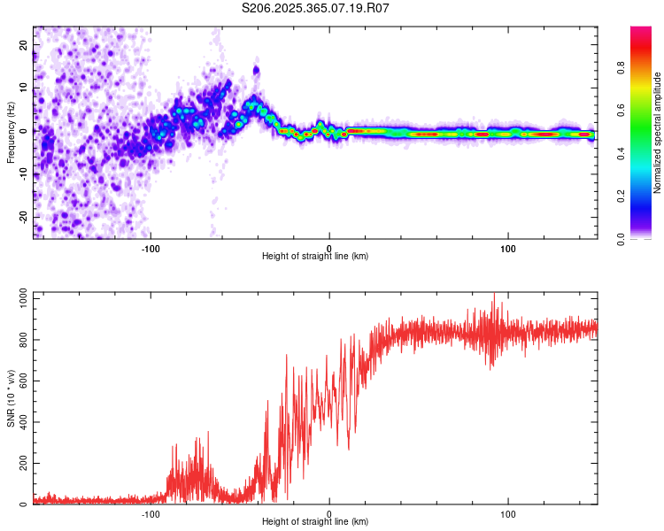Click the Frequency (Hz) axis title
11,132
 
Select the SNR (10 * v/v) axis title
11,397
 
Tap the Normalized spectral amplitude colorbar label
657,133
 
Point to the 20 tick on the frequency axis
24,44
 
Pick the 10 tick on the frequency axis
24,88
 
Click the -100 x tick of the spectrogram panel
151,248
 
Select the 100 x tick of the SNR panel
508,514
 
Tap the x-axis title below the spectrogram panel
315,257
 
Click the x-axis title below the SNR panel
315,523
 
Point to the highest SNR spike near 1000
494,295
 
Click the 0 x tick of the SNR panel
329,514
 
